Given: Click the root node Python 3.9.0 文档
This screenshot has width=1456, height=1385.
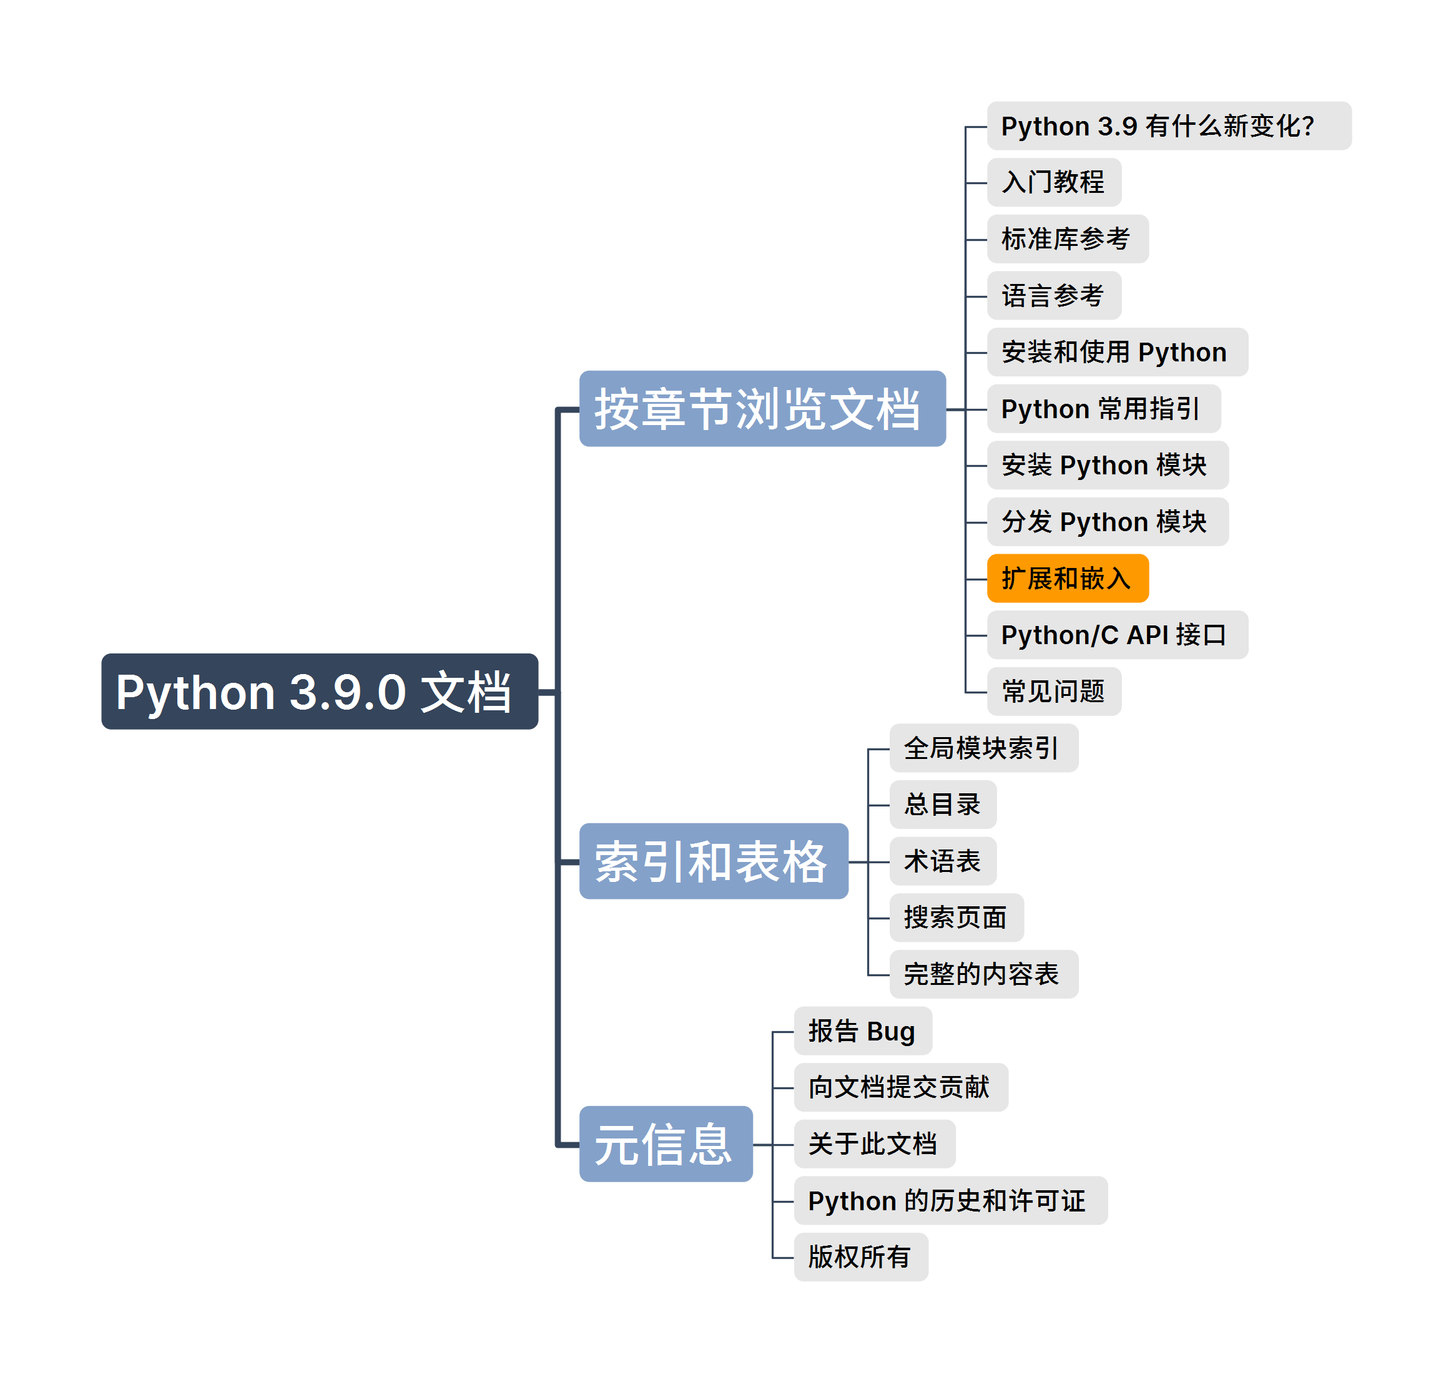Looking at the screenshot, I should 319,692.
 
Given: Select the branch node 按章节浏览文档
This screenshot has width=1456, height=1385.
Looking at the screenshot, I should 762,408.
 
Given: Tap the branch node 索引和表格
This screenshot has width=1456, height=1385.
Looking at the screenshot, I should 713,861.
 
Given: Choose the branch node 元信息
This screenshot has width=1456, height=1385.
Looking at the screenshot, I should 665,1143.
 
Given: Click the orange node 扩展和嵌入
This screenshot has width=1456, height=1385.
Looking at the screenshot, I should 1067,578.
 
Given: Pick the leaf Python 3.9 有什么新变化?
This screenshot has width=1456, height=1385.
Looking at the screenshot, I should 1168,126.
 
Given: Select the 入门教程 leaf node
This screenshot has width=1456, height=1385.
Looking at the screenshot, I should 1054,182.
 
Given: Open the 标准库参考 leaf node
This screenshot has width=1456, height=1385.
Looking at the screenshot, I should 1067,239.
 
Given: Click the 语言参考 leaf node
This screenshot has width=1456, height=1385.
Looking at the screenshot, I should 1054,295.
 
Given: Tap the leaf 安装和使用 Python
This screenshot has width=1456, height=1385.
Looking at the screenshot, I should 1116,352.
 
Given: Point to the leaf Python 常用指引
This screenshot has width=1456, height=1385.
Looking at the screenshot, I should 1103,408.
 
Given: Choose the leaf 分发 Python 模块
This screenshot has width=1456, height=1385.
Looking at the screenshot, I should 1107,522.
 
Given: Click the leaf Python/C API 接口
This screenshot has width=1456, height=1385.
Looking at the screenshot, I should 1116,635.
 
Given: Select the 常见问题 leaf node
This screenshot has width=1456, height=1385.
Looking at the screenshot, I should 1054,692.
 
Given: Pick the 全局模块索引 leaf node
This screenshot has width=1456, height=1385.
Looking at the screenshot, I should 983,748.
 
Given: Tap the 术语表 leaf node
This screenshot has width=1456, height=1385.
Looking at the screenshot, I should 942,861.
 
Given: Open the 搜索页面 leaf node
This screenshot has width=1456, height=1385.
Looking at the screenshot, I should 956,918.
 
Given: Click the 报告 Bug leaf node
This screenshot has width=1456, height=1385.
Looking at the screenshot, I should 862,1030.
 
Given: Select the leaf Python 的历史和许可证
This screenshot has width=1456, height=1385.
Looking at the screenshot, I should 950,1200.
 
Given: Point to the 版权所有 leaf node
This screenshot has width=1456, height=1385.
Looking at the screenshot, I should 860,1256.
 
